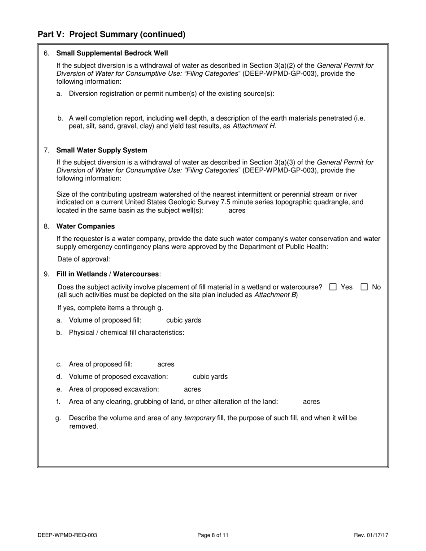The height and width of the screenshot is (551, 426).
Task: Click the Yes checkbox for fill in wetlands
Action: point(333,287)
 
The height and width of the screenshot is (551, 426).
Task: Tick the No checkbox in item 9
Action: point(364,287)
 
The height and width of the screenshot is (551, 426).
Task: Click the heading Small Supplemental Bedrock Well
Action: point(112,53)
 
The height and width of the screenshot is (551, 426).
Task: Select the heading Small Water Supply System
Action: point(101,151)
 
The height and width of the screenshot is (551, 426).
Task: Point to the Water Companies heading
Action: point(85,227)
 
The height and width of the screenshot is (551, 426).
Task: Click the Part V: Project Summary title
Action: point(111,34)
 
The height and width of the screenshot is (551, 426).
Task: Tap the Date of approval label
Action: point(83,259)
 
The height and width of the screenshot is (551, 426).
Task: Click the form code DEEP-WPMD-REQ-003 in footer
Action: point(67,535)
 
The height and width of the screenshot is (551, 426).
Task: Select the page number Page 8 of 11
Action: point(213,535)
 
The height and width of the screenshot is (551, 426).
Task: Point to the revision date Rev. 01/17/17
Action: point(371,535)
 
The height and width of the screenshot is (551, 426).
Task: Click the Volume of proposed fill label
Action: point(105,320)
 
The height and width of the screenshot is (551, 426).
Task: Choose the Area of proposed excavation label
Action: point(114,390)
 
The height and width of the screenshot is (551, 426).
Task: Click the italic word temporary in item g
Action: point(200,418)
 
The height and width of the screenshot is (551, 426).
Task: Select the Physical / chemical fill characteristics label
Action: point(126,333)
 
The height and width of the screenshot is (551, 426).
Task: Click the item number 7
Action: point(47,151)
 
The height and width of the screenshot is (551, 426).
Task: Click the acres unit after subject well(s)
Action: point(237,211)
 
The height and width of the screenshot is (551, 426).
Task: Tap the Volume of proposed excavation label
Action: point(118,377)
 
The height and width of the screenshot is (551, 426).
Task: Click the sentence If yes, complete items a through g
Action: point(110,308)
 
